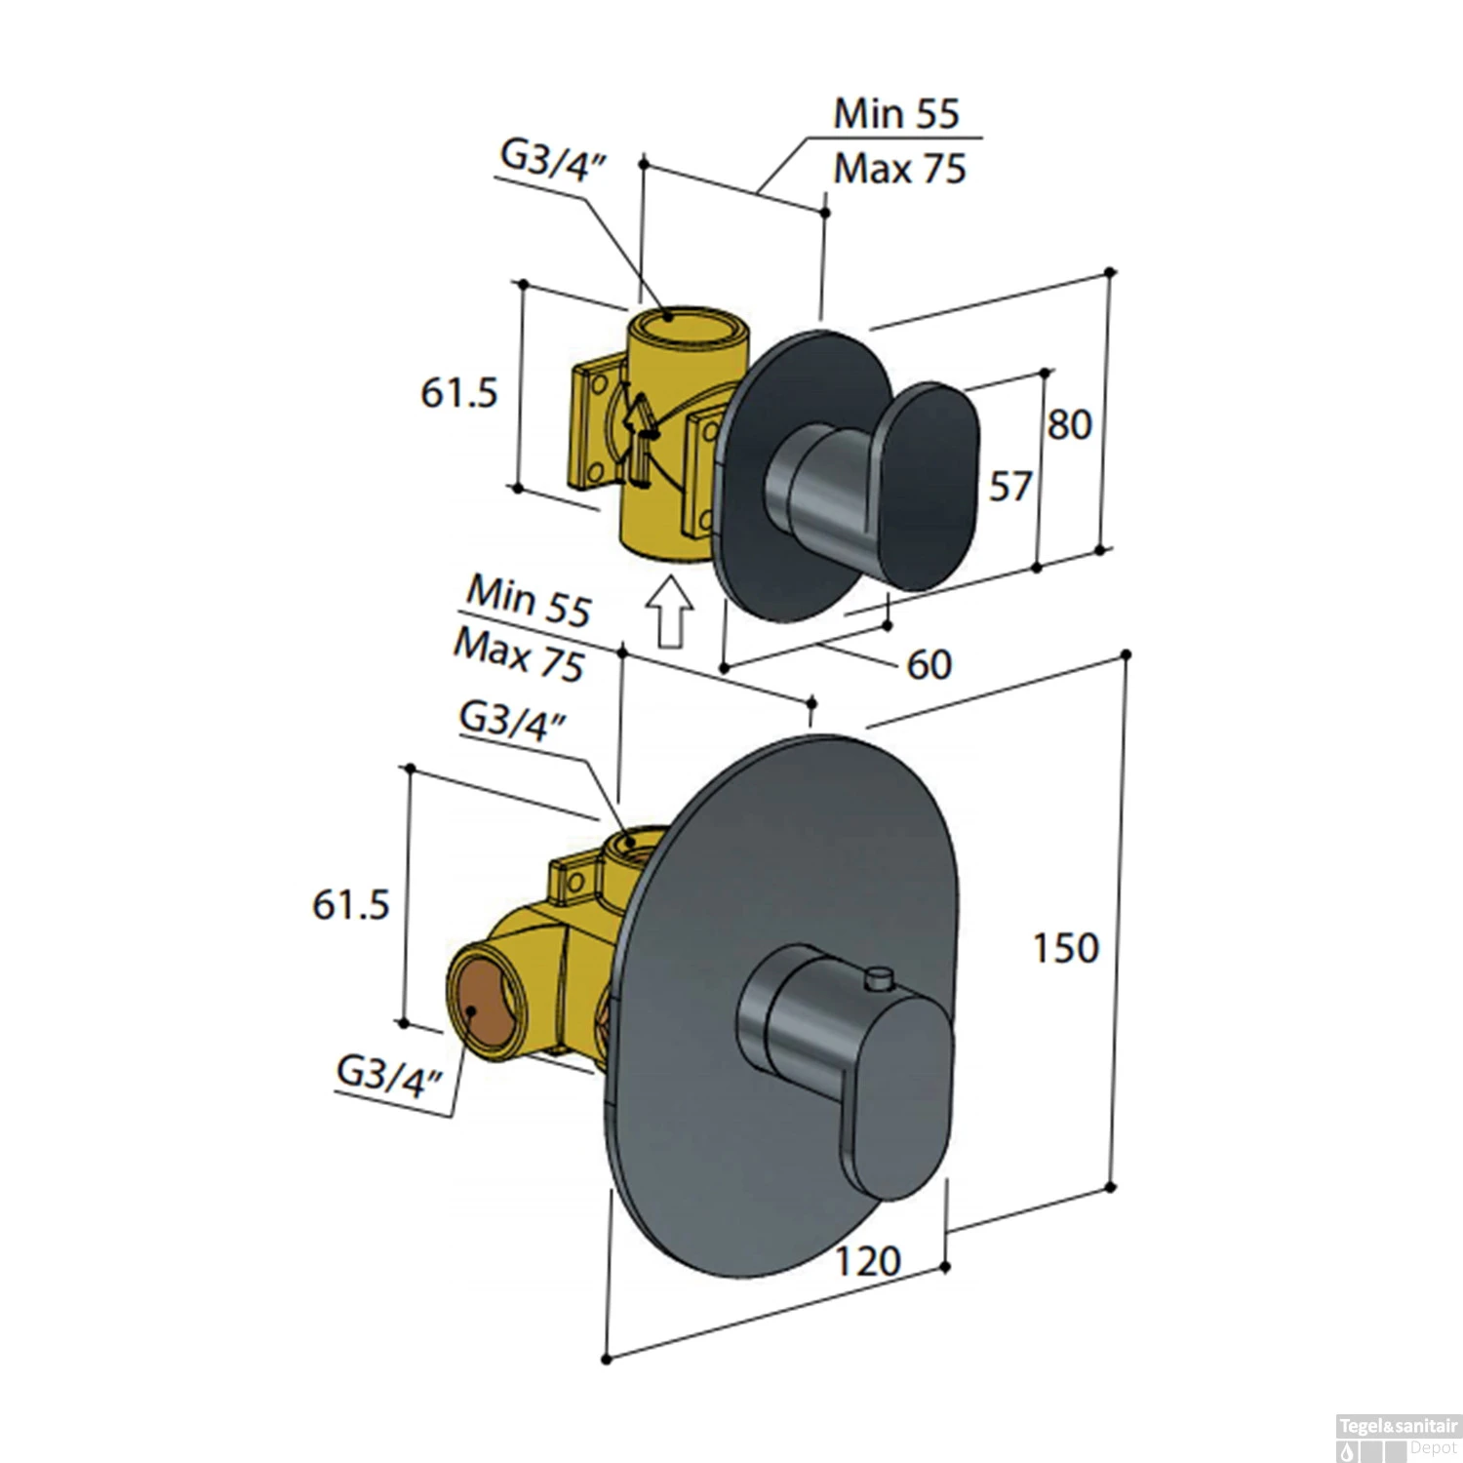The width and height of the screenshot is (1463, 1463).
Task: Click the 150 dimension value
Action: tap(1066, 947)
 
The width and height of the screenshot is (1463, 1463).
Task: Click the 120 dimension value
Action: tap(866, 1261)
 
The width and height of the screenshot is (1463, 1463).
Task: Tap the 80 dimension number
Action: tap(1069, 424)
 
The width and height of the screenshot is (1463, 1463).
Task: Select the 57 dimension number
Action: tap(1009, 485)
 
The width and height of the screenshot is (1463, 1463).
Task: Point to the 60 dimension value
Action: tap(928, 664)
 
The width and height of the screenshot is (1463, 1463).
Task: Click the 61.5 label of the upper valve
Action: tap(458, 392)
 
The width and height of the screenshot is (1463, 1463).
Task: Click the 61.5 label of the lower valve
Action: tap(350, 904)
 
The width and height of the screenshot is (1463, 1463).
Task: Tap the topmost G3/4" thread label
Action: tap(553, 159)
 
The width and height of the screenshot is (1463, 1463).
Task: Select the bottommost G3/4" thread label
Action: tap(389, 1076)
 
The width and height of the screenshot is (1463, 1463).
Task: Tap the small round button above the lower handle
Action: tap(881, 976)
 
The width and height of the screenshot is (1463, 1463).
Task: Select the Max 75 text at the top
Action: tap(899, 169)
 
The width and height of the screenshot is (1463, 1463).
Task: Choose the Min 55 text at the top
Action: tap(896, 113)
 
